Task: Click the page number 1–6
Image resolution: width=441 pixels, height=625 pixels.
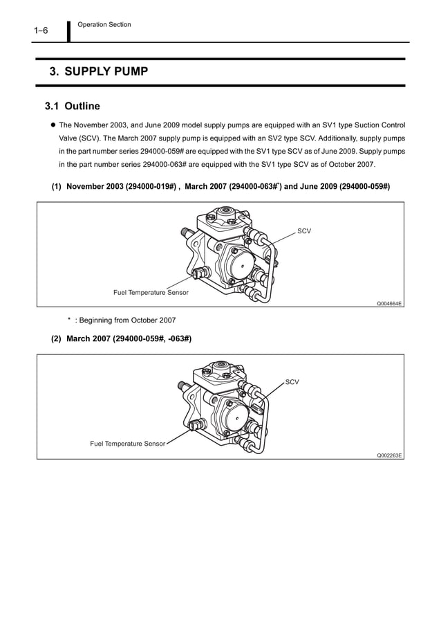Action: pyautogui.click(x=40, y=31)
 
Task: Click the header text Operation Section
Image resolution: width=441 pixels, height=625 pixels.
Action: pyautogui.click(x=104, y=25)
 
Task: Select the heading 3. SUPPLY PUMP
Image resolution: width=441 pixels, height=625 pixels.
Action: pyautogui.click(x=98, y=71)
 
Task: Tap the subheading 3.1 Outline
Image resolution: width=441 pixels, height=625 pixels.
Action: pyautogui.click(x=73, y=107)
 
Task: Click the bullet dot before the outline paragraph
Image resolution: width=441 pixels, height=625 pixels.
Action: pyautogui.click(x=51, y=125)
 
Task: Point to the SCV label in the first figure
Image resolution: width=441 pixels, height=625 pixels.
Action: pyautogui.click(x=303, y=230)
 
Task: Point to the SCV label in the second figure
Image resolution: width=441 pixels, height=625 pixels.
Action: pyautogui.click(x=292, y=381)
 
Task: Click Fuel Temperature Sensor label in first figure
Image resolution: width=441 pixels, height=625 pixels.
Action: pyautogui.click(x=151, y=293)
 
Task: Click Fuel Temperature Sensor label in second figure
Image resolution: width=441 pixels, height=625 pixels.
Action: pyautogui.click(x=127, y=443)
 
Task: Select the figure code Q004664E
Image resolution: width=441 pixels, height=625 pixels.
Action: pyautogui.click(x=389, y=303)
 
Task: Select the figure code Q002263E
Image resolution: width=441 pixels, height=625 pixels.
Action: pyautogui.click(x=389, y=455)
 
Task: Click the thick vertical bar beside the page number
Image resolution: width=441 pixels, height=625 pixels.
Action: pyautogui.click(x=69, y=31)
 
